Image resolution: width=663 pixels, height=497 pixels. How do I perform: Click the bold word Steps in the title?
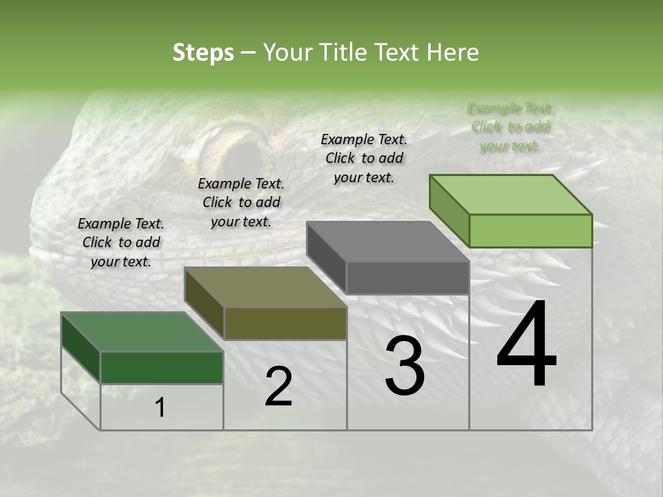coord(203,52)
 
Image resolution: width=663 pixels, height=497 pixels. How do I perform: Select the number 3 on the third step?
coord(405,366)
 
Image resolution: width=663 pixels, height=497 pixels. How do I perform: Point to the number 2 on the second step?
coord(278,387)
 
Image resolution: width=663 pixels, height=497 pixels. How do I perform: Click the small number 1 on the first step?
coord(160,408)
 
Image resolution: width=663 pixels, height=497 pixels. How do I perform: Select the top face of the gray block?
coord(387,242)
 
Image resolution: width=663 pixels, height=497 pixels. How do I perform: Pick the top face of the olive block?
coord(265,287)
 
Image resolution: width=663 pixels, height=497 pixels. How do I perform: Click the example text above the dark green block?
coord(121,242)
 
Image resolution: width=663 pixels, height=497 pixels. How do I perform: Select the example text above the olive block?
coord(241,202)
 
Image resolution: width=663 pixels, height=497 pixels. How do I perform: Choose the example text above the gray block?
coord(364,158)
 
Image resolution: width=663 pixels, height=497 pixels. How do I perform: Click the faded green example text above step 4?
coord(510,127)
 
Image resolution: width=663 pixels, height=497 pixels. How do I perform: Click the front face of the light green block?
coord(530,231)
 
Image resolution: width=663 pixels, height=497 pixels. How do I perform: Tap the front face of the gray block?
coord(407,278)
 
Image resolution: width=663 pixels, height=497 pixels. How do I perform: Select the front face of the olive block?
coord(285,323)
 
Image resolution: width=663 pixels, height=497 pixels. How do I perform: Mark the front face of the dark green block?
coord(162,367)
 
